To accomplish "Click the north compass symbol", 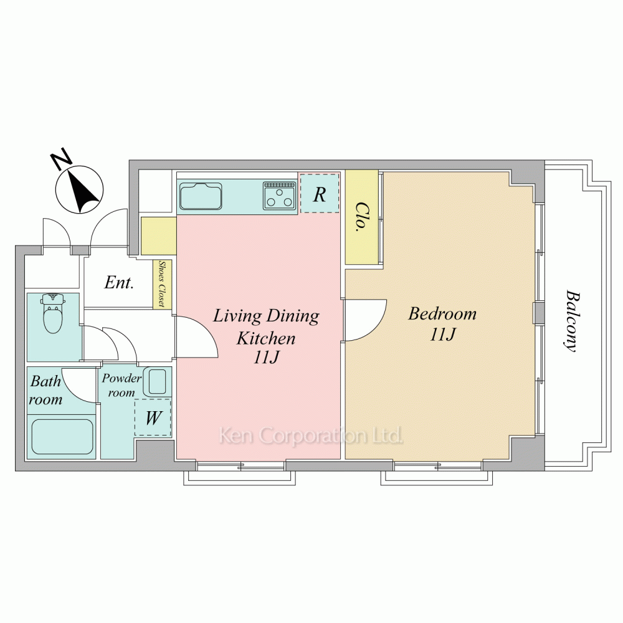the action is point(80,189).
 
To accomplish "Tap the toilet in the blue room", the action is point(53,313).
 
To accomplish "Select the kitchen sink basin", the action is point(201,196).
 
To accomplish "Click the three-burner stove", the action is point(280,196).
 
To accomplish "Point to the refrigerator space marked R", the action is point(320,193).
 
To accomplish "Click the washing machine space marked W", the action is point(153,417).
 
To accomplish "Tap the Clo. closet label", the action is point(361,217).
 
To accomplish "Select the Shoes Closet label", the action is point(162,283).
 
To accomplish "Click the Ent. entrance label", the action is point(119,282).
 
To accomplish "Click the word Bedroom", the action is point(442,313).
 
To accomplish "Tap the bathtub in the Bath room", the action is point(62,437).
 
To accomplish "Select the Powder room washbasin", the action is point(155,381).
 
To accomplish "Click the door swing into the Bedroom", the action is point(366,320).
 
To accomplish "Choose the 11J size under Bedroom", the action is point(442,335).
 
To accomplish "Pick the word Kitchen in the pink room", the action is point(266,338).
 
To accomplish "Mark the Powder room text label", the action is point(121,385).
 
